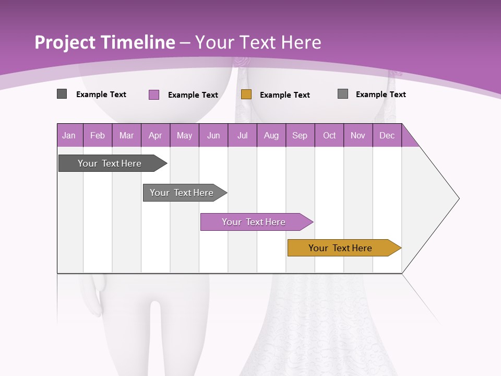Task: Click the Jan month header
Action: tap(69, 136)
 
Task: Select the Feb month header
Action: tap(98, 136)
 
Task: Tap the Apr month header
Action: tap(155, 136)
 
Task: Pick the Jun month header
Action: tap(213, 136)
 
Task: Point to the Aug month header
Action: tap(271, 136)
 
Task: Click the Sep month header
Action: tap(300, 136)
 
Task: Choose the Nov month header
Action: tap(358, 136)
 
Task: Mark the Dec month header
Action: tap(387, 136)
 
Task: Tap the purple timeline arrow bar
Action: tap(254, 222)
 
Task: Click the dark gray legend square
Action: tap(62, 94)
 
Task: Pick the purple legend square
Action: tap(153, 95)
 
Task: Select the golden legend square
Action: tap(246, 94)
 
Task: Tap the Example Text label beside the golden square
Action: tap(284, 95)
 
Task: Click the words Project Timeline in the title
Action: tap(104, 42)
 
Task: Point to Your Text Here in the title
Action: tap(258, 42)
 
